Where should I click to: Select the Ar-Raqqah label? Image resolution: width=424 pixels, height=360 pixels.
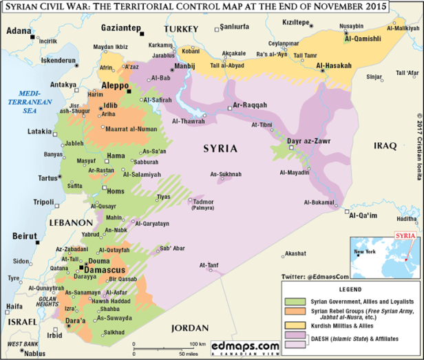(x=249, y=105)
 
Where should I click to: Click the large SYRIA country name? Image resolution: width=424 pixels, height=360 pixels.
(x=220, y=148)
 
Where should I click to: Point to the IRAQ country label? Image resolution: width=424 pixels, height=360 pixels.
(x=385, y=146)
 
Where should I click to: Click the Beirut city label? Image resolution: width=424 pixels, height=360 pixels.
(x=25, y=236)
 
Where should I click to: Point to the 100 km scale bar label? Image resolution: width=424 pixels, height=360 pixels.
(x=198, y=343)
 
